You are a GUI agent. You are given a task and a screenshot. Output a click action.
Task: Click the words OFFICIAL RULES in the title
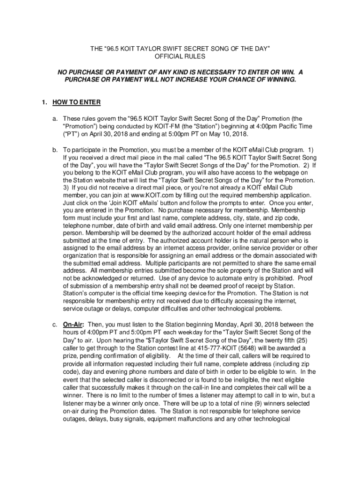(x=180, y=56)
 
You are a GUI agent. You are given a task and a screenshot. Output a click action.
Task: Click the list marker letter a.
(x=55, y=118)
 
